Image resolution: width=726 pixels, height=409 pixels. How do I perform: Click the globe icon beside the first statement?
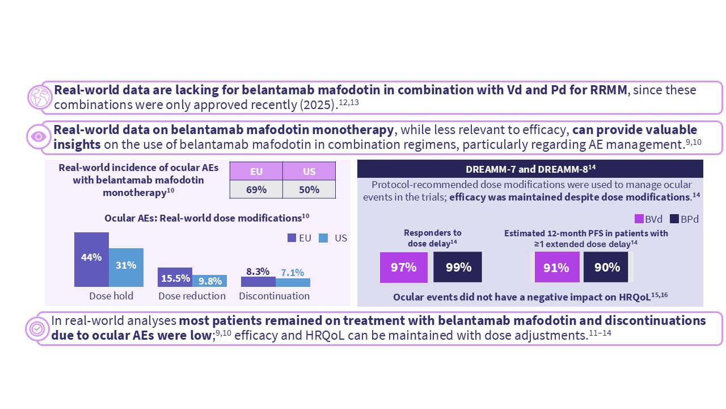pyautogui.click(x=40, y=97)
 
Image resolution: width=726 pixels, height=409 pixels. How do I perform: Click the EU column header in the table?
pyautogui.click(x=256, y=172)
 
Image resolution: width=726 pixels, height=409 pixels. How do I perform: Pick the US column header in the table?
pyautogui.click(x=309, y=172)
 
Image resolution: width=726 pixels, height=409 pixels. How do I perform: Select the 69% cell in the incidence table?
pyautogui.click(x=256, y=190)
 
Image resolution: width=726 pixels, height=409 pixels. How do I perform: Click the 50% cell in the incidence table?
pyautogui.click(x=309, y=190)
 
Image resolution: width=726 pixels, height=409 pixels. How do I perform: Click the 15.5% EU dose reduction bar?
pyautogui.click(x=175, y=277)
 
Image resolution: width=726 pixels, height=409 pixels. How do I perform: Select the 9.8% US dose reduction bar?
pyautogui.click(x=209, y=281)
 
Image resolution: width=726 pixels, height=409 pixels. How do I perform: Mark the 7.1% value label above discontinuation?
pyautogui.click(x=293, y=273)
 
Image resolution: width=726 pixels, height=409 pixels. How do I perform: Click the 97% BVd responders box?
pyautogui.click(x=403, y=267)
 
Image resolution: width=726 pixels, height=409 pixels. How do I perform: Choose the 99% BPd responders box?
pyautogui.click(x=458, y=267)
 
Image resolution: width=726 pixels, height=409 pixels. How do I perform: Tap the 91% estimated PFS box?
pyautogui.click(x=556, y=267)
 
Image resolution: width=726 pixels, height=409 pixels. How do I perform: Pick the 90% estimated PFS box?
pyautogui.click(x=606, y=267)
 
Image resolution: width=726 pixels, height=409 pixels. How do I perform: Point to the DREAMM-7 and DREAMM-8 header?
pyautogui.click(x=530, y=168)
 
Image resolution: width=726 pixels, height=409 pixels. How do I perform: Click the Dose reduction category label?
pyautogui.click(x=192, y=296)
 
